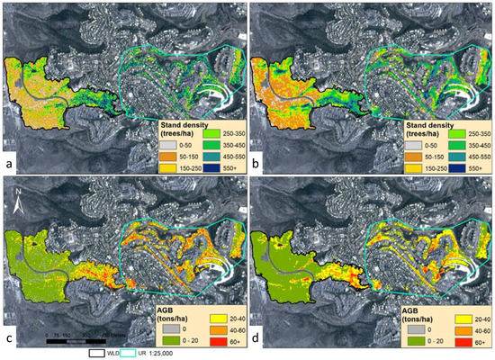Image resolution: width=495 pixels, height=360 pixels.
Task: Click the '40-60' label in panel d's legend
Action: click(x=469, y=330)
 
